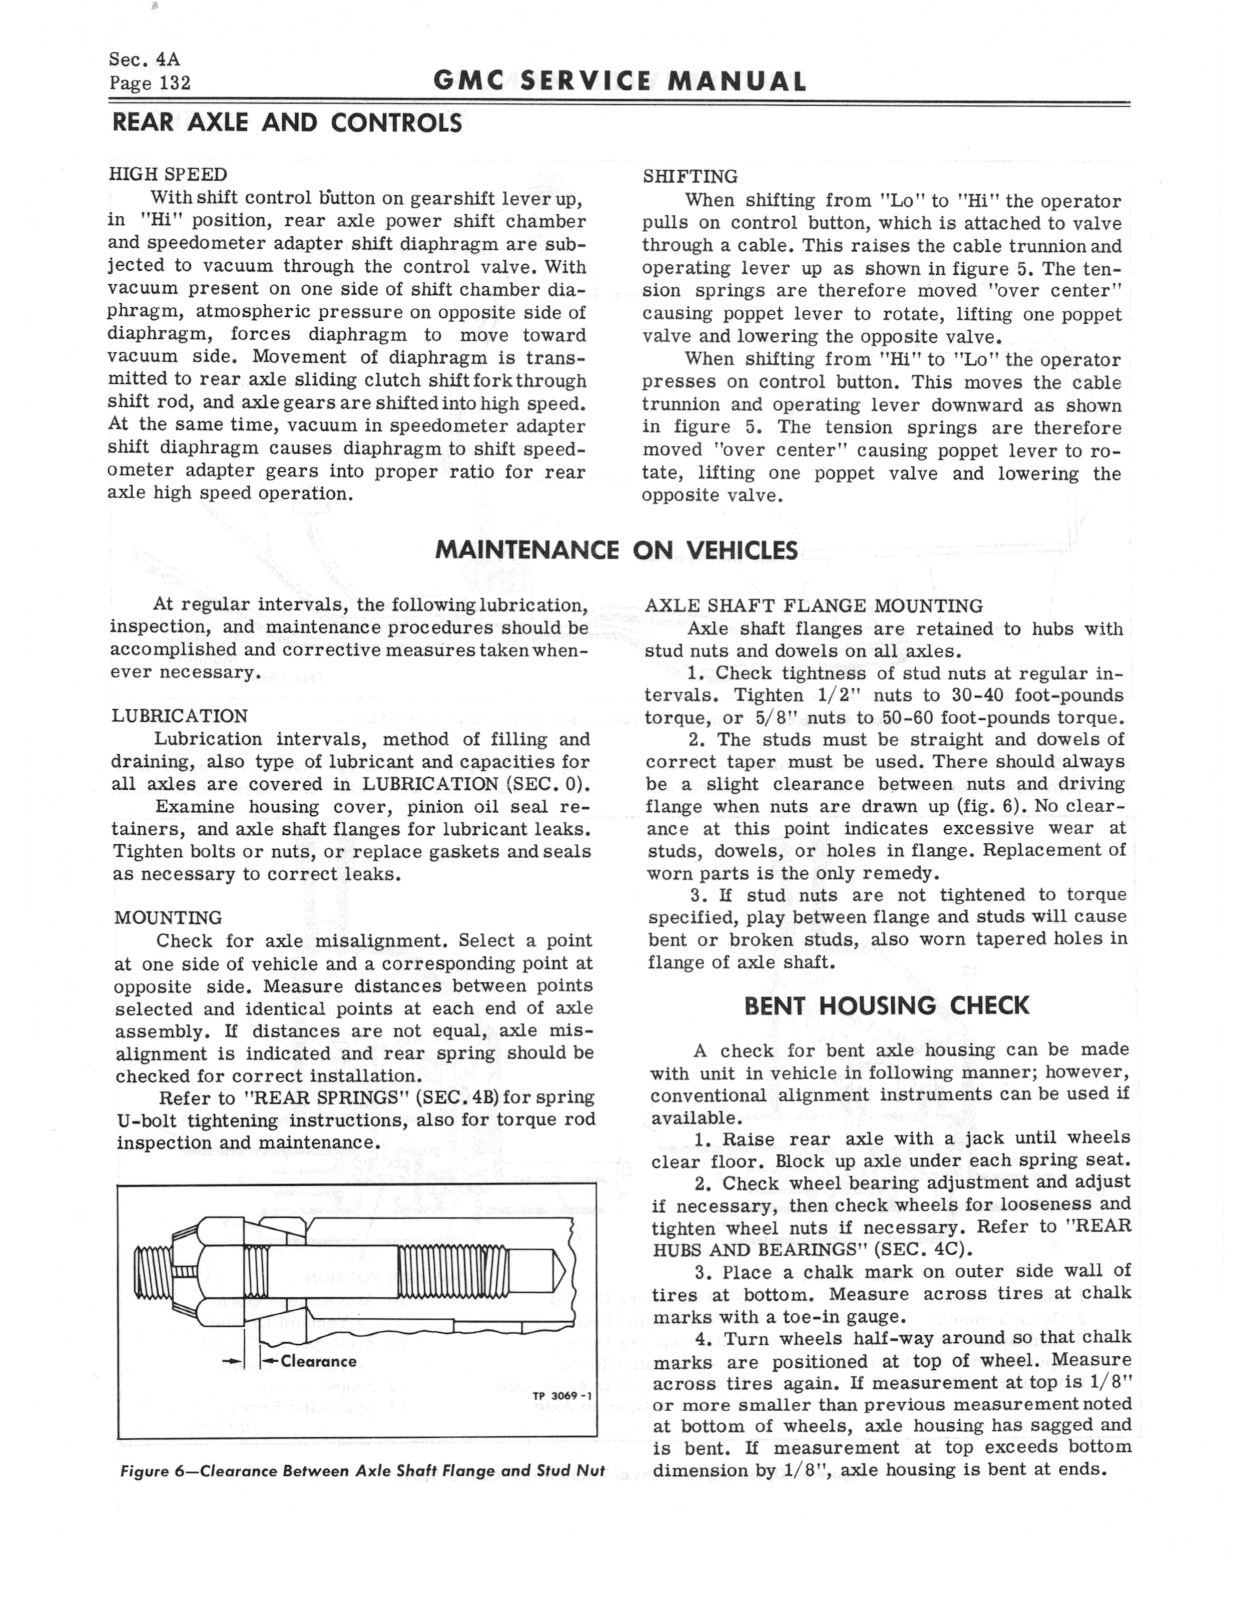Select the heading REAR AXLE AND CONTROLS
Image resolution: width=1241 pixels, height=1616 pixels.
tap(287, 123)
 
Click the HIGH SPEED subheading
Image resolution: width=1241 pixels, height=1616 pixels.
tap(168, 174)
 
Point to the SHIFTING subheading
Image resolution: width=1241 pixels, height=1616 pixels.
tap(690, 177)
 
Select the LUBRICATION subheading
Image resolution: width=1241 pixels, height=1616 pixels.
tap(180, 716)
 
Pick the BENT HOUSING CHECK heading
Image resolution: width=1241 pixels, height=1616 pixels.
tap(886, 1006)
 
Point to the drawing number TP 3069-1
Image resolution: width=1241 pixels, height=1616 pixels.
tap(561, 1397)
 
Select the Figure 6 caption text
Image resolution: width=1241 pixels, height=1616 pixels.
tap(362, 1470)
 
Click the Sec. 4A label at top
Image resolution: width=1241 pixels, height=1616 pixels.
tap(144, 59)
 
